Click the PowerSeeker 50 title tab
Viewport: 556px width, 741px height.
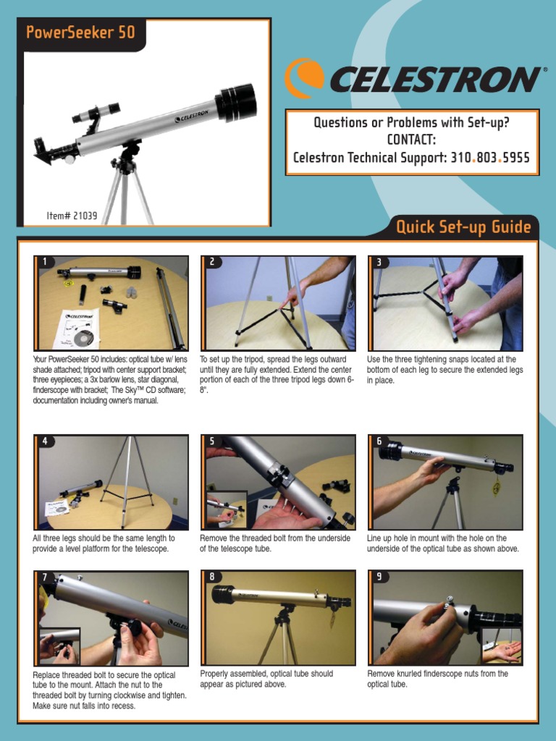[80, 33]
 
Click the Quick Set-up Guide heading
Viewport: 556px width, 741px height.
[463, 227]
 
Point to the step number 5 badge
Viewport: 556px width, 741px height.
[211, 441]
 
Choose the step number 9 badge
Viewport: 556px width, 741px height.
[379, 577]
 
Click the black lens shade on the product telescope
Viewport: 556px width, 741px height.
[235, 102]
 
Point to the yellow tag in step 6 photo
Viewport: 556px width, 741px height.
[496, 488]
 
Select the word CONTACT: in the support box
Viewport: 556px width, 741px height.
[412, 140]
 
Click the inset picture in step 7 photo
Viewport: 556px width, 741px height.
[59, 645]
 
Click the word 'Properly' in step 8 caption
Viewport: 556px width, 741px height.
[216, 674]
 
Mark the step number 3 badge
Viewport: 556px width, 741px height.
[379, 262]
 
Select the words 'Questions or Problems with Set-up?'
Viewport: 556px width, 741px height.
[411, 122]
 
